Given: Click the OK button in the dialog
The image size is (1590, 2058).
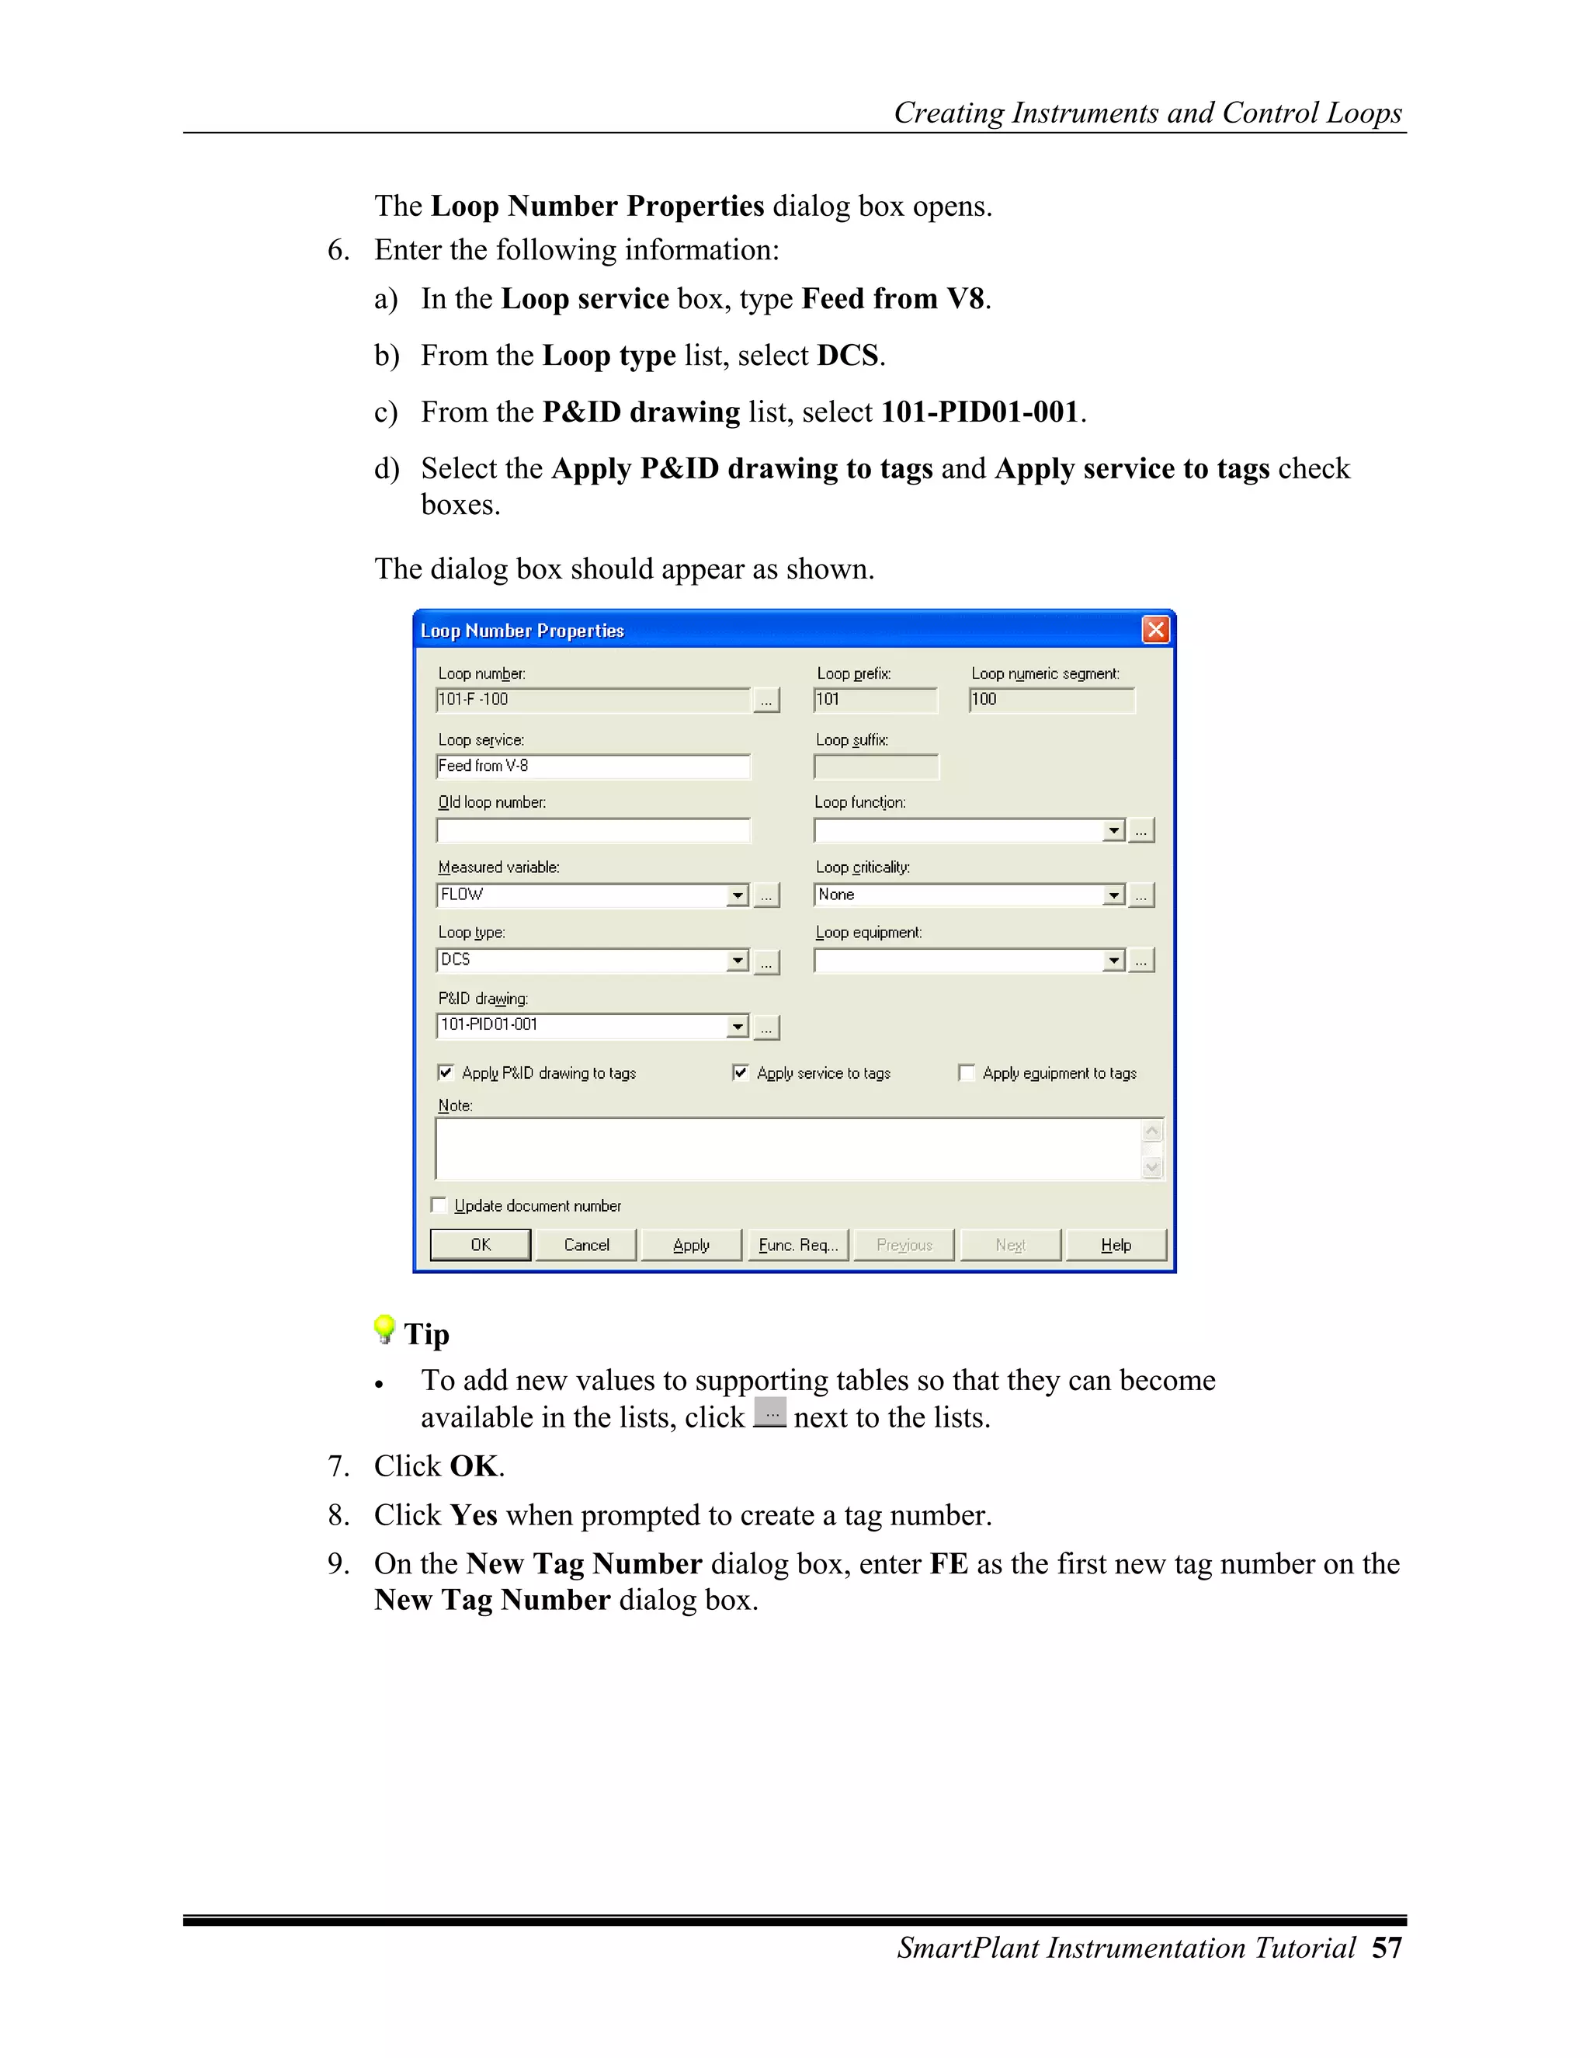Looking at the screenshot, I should click(x=481, y=1245).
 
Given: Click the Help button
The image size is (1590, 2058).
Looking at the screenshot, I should click(x=1116, y=1245).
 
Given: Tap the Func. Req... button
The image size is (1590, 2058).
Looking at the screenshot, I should click(x=798, y=1245).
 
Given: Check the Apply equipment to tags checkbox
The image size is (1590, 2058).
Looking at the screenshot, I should click(x=966, y=1072).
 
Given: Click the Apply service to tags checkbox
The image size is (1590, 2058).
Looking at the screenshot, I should click(x=741, y=1072).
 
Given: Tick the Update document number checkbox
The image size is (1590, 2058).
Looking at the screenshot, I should click(x=438, y=1205).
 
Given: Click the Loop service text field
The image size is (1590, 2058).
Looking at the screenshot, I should click(x=593, y=766).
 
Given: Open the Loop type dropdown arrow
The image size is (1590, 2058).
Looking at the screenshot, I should click(x=738, y=960).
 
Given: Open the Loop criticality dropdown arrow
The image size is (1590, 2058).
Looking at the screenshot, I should click(x=1114, y=895).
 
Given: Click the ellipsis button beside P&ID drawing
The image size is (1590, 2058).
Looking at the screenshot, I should click(x=767, y=1027).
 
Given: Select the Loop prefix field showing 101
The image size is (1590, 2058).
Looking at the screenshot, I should click(x=875, y=699).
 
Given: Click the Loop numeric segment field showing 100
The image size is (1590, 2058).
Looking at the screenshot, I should click(x=1051, y=699).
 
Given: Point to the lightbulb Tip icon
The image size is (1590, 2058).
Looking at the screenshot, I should click(x=384, y=1329).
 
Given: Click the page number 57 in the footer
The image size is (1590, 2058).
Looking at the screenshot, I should click(x=1387, y=1948).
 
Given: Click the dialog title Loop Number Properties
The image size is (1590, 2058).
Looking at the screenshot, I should click(x=522, y=631).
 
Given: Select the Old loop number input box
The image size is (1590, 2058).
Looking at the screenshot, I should click(x=593, y=830).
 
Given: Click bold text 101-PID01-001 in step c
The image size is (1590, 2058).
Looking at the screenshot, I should click(x=980, y=412).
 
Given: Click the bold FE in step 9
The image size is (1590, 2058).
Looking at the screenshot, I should click(x=949, y=1563).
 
